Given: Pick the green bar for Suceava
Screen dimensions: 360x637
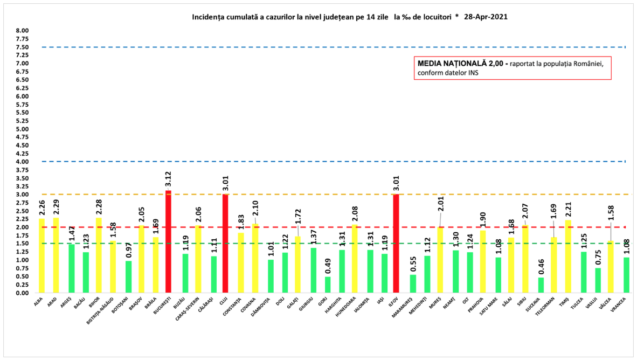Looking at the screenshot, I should [x=541, y=285].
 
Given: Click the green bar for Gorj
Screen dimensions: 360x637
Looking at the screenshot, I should [x=328, y=285].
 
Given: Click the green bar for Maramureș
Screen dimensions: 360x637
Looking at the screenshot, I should [x=413, y=283].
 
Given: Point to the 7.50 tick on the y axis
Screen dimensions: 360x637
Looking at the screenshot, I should [x=22, y=47].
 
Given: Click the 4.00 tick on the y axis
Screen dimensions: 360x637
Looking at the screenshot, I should [x=22, y=162].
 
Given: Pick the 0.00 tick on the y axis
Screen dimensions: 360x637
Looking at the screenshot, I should [x=22, y=293].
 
